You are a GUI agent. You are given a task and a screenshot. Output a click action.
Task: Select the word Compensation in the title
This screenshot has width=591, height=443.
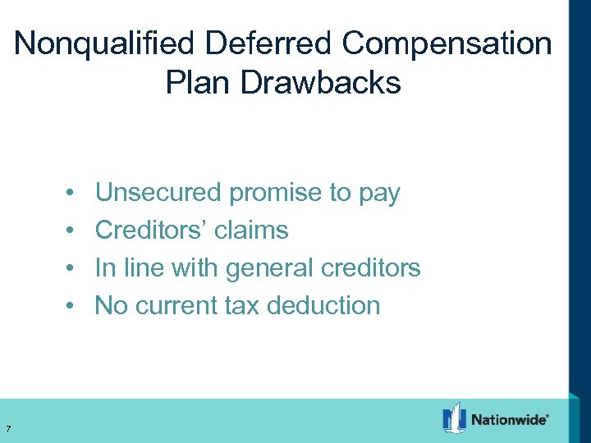447,44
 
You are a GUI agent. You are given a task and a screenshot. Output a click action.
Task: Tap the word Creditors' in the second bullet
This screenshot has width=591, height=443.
151,231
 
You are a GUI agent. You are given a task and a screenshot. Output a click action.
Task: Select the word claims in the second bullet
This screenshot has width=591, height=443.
251,231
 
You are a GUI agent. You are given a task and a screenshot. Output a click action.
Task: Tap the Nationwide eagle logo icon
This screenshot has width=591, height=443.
454,418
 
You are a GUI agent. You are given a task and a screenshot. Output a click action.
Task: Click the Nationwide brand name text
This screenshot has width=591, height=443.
510,419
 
